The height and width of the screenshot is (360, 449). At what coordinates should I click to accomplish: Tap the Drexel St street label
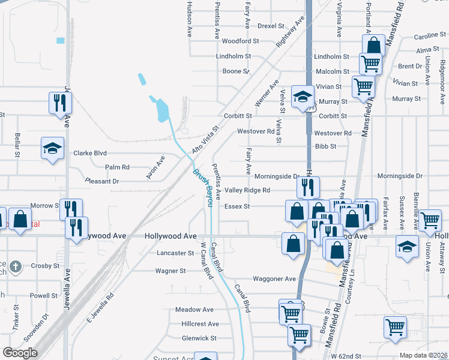coord(271,26)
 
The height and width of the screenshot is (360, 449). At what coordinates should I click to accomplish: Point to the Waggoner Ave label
coord(274,279)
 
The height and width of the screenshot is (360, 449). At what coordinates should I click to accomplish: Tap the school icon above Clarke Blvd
coord(52,148)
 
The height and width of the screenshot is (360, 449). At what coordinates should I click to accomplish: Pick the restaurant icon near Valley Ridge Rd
coord(308,187)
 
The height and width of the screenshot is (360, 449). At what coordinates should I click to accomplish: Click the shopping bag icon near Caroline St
coord(373,44)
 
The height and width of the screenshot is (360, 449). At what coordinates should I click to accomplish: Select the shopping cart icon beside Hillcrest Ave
coord(291,311)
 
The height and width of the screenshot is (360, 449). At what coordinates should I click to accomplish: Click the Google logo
coord(19,353)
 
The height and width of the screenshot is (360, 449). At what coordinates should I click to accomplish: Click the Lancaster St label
coord(175,253)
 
